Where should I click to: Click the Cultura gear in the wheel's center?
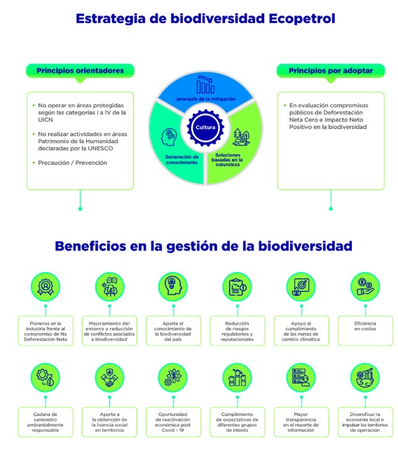[x=205, y=128]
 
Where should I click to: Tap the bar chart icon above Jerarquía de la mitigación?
[x=205, y=84]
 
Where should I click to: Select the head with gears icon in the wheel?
[x=169, y=137]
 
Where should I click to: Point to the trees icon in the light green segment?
[x=241, y=137]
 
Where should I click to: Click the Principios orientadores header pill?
[x=81, y=71]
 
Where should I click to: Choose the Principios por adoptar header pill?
[x=331, y=71]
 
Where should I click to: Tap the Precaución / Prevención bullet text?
[x=72, y=163]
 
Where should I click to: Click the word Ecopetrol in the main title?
[x=302, y=18]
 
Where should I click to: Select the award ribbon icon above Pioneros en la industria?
[x=46, y=287]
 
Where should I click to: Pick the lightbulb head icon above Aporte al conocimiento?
[x=173, y=287]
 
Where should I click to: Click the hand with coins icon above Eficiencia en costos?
[x=365, y=287]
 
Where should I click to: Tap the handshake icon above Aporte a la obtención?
[x=109, y=377]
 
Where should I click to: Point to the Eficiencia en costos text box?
[x=365, y=330]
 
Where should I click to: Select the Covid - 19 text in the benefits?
[x=172, y=430]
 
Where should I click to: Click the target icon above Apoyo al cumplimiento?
[x=301, y=287]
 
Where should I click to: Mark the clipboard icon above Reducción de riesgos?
[x=238, y=287]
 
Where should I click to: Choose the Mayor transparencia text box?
[x=301, y=422]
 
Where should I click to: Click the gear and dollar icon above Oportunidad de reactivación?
[x=173, y=377]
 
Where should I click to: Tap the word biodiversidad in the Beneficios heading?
[x=305, y=246]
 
